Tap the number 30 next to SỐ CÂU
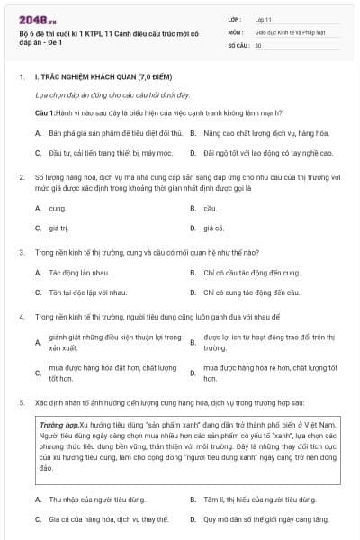[258, 44]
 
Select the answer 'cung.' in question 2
[58, 208]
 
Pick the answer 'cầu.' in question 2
[211, 208]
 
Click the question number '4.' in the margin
[22, 318]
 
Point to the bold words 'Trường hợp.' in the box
[59, 423]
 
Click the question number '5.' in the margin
[22, 402]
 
